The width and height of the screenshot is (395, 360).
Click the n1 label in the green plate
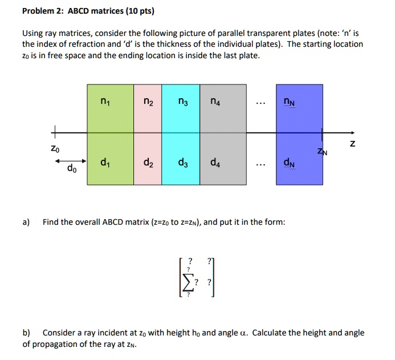point(104,103)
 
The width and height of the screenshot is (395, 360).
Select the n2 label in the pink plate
point(148,103)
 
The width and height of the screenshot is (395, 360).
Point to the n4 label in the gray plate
point(214,103)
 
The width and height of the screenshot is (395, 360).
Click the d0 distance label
point(71,169)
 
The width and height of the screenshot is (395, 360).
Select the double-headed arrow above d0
point(70,161)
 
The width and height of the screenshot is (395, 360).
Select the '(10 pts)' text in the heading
point(135,11)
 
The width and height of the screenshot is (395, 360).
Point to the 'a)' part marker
point(26,222)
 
